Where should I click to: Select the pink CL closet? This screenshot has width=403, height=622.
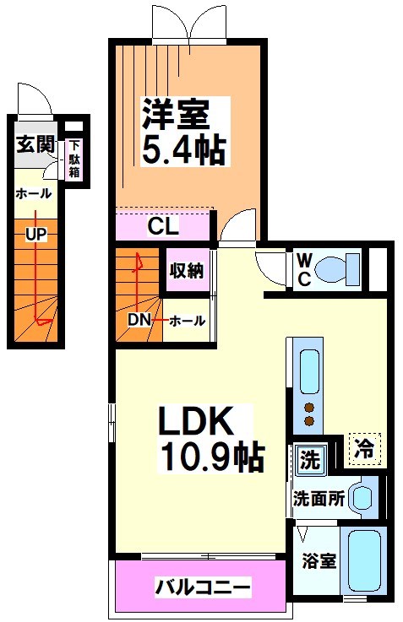click(162, 225)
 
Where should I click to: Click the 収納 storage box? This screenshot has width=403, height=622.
click(185, 272)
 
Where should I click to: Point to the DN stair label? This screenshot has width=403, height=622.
click(140, 320)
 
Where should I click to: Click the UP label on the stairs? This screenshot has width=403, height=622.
click(35, 234)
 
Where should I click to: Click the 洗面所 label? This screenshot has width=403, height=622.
click(319, 499)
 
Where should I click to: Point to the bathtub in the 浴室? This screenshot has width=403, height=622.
click(365, 560)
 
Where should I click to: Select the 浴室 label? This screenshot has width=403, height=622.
click(318, 561)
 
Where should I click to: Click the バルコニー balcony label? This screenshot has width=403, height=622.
click(203, 586)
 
